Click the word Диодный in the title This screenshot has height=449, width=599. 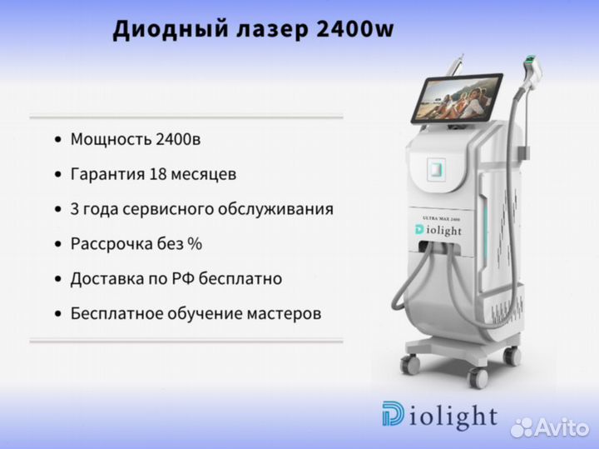tap(171, 30)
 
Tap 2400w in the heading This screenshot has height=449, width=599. tap(355, 29)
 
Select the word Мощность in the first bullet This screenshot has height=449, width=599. tap(111, 140)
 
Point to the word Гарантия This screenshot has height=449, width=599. tap(107, 174)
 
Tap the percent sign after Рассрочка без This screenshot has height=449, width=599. tap(195, 243)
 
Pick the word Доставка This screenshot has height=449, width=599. tap(107, 279)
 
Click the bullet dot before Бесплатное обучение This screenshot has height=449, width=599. tap(58, 314)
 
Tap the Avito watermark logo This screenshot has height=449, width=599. tap(550, 427)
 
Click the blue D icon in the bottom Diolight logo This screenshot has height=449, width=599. tap(393, 413)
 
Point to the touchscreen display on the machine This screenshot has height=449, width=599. tap(457, 98)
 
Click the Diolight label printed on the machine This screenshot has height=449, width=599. tap(438, 230)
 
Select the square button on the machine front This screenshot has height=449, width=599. tap(436, 168)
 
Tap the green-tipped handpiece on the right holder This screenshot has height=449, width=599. tap(532, 72)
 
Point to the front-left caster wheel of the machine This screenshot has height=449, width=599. tap(410, 363)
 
